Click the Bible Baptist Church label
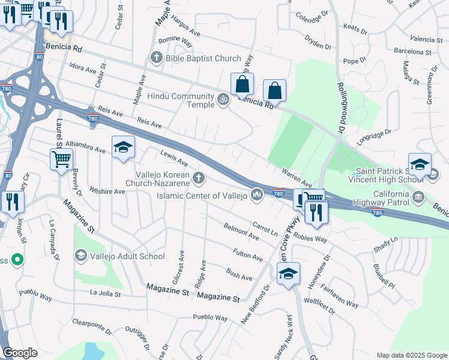tap(204, 59)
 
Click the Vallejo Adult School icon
tap(80, 256)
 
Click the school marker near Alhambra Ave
tap(123, 147)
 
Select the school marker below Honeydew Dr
tap(289, 274)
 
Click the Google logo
tap(20, 352)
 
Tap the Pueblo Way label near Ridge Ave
tap(210, 317)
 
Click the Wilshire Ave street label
tap(107, 191)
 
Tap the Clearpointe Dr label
tap(92, 325)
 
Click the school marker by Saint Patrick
tap(420, 164)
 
